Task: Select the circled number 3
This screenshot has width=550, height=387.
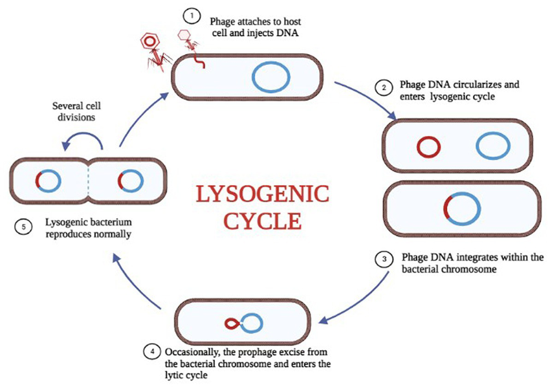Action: [384, 259]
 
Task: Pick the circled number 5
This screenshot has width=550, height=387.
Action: [25, 227]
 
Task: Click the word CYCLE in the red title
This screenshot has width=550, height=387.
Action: [262, 220]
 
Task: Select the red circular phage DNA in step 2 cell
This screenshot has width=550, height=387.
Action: [428, 147]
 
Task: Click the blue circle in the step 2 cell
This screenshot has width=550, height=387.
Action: [494, 147]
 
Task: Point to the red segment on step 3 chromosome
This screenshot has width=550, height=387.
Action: [447, 208]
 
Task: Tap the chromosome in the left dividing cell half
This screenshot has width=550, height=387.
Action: [49, 179]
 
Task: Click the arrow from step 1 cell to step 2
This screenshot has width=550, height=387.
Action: [366, 100]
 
